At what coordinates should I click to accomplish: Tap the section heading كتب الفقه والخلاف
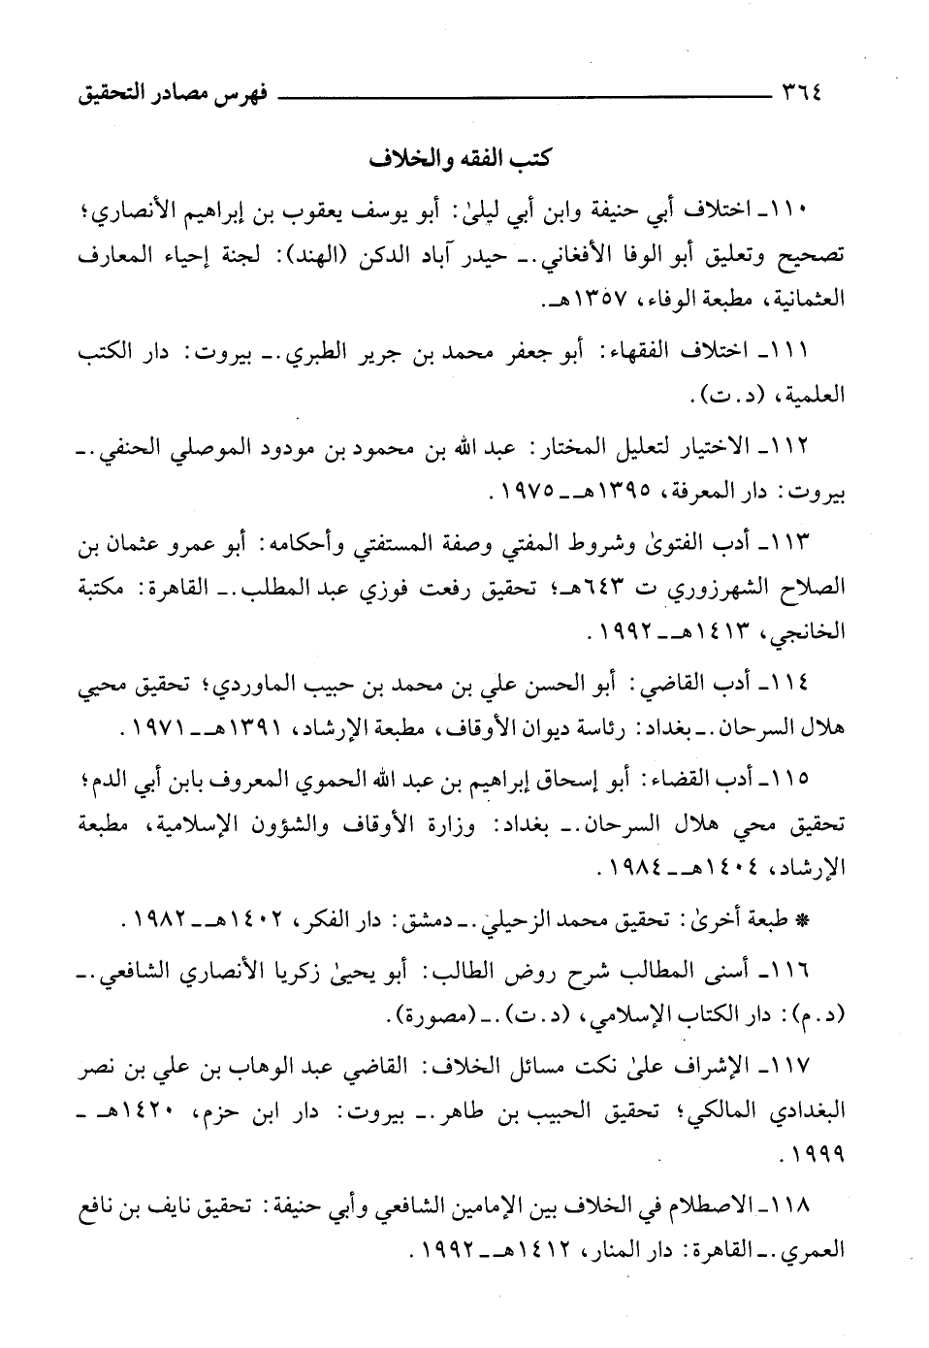click(460, 160)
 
